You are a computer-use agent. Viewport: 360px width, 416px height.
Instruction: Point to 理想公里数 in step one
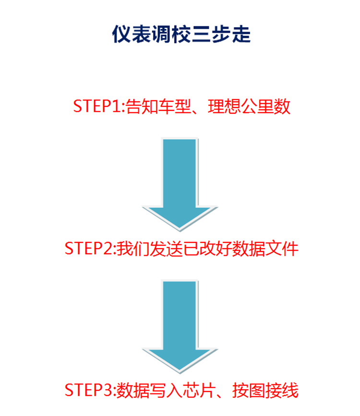pyautogui.click(x=249, y=106)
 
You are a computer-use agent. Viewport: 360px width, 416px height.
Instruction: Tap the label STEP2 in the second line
pyautogui.click(x=89, y=249)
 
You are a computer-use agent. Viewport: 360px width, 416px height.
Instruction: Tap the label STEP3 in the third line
pyautogui.click(x=89, y=390)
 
